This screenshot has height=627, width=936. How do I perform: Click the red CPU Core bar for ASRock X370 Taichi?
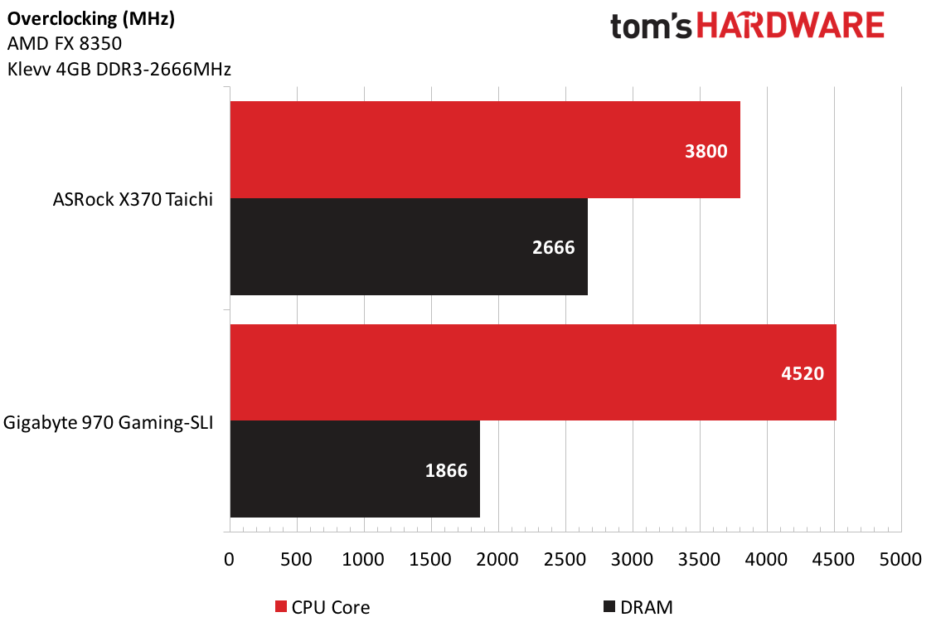(x=485, y=150)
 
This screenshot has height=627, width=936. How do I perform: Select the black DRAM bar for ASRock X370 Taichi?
(x=409, y=246)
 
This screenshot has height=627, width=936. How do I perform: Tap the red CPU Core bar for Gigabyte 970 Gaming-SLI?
(x=533, y=372)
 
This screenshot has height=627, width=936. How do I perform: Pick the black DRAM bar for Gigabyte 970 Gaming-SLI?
(x=355, y=469)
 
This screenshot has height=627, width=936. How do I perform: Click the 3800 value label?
(x=706, y=151)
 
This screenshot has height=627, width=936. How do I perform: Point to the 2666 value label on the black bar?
(x=554, y=247)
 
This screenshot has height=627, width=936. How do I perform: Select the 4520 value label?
(x=803, y=373)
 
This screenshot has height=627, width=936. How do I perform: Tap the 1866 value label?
(x=446, y=470)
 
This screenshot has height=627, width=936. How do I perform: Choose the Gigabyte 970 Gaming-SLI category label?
(x=109, y=422)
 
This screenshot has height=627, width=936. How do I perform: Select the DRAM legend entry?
(x=639, y=607)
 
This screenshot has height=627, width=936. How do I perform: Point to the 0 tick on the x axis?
(x=229, y=559)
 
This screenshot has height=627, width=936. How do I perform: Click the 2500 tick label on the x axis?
(x=565, y=559)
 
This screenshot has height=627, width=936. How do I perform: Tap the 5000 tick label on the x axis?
(x=900, y=559)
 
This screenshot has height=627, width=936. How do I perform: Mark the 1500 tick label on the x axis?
(x=430, y=559)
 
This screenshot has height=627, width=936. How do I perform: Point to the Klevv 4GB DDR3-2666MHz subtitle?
(x=119, y=70)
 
